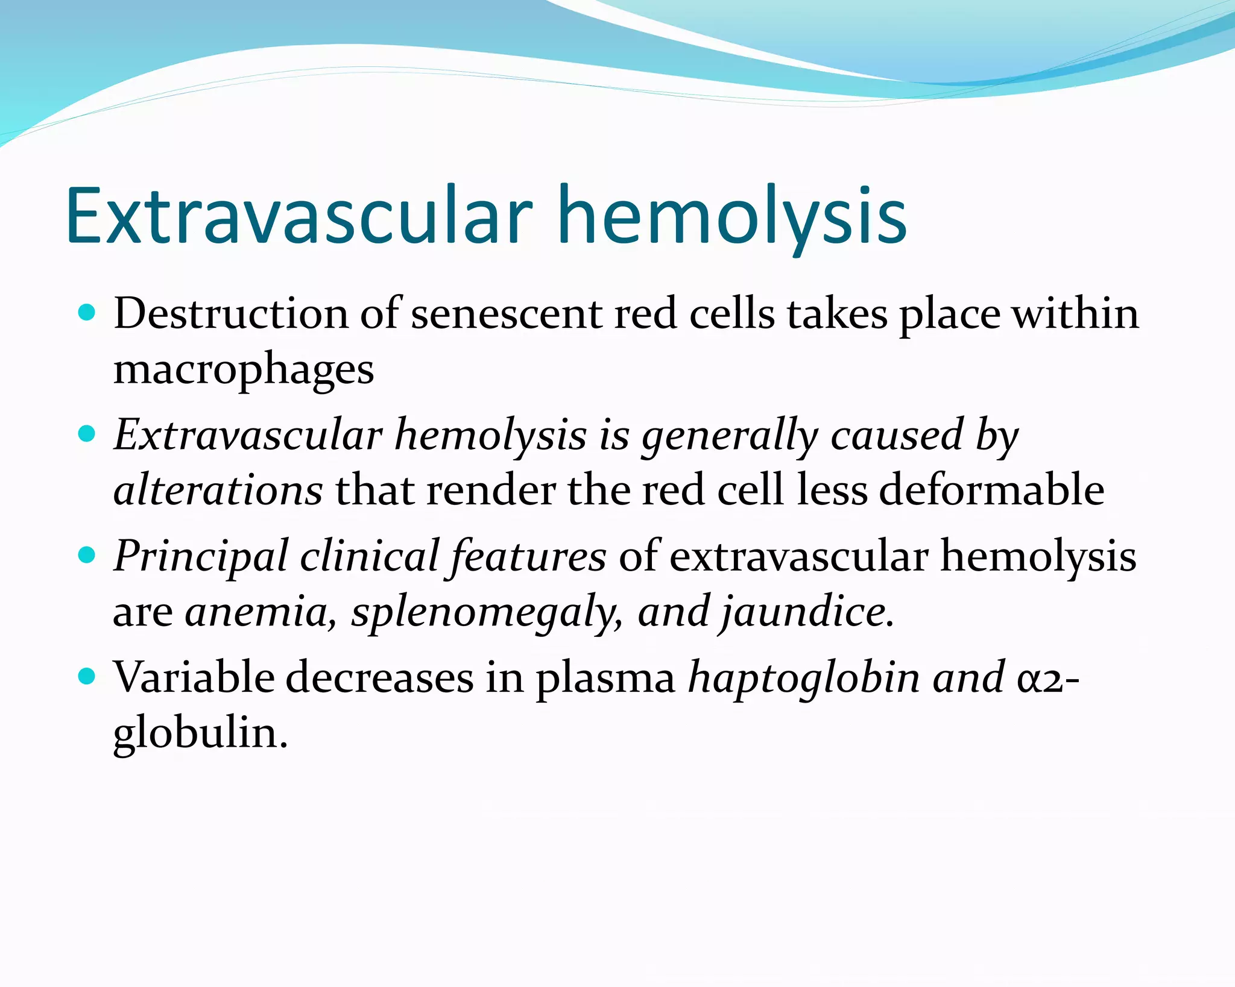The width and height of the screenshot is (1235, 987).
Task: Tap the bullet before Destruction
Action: [x=87, y=312]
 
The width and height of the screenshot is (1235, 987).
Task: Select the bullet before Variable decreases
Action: [x=87, y=676]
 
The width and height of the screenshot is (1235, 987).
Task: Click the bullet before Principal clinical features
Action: [x=87, y=554]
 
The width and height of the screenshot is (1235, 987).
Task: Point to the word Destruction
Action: [x=231, y=314]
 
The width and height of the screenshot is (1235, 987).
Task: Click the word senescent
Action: [x=506, y=315]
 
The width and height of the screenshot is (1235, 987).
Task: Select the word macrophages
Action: [x=244, y=371]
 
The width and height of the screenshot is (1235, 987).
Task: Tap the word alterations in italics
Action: [x=218, y=489]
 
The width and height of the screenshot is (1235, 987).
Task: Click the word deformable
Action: [x=991, y=489]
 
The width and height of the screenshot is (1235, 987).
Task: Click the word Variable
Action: [x=194, y=677]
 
